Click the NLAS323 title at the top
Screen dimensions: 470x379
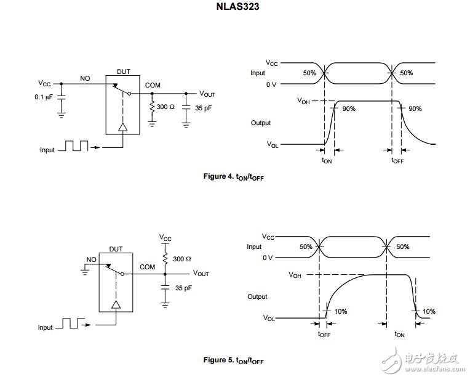pos(237,6)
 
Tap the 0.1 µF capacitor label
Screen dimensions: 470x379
pos(44,97)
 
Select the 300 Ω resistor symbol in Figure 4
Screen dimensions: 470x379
pos(152,107)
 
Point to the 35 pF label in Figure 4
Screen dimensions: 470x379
pos(203,108)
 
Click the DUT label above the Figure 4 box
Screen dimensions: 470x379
pos(123,71)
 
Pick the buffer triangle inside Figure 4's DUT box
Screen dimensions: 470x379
pos(123,128)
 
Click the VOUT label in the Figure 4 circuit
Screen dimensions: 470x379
pos(207,94)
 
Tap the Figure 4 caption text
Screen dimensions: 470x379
pos(234,177)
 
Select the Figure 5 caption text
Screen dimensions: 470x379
pos(234,360)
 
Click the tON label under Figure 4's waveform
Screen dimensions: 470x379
pos(327,160)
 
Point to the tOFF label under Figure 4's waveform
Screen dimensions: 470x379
pos(397,160)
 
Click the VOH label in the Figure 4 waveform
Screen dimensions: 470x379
pos(303,100)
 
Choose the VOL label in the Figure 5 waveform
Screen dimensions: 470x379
pos(269,318)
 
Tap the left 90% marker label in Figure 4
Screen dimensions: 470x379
pos(349,108)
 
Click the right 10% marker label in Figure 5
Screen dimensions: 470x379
pos(429,311)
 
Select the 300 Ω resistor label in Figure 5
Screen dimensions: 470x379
pos(182,259)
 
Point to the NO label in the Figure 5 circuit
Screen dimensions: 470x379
pos(92,259)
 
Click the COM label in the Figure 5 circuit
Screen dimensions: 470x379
pos(148,267)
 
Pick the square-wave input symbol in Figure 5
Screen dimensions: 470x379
pos(71,323)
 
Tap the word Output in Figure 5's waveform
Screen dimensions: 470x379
pos(257,296)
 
